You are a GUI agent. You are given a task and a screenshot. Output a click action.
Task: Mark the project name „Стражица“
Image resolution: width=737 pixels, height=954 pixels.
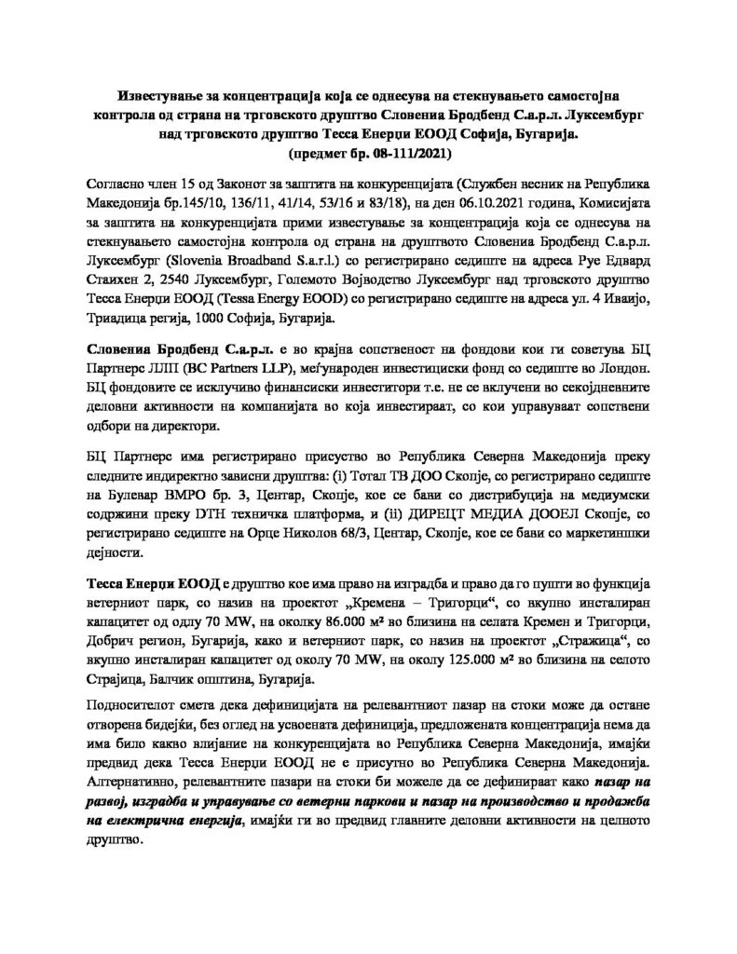pos(567,637)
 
